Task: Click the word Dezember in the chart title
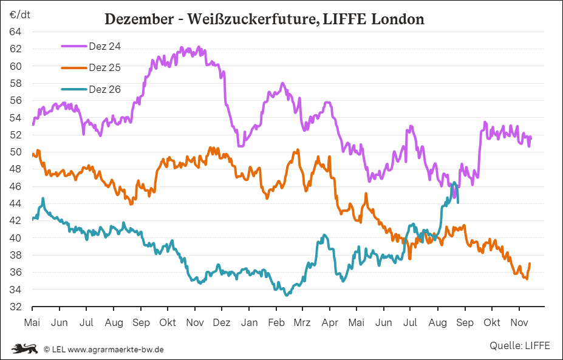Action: pos(139,19)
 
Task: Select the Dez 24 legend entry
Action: pos(91,46)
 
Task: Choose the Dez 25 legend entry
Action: pos(91,67)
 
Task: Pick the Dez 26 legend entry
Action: pos(91,89)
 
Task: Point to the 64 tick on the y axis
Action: pos(15,32)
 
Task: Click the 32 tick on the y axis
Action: pos(15,307)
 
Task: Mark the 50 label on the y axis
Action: pos(15,152)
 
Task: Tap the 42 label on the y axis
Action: pos(15,221)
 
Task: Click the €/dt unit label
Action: pos(20,15)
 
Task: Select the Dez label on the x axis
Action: pos(222,322)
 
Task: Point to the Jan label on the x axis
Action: pos(249,322)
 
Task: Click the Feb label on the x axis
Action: pos(276,322)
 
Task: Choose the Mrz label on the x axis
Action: pos(302,322)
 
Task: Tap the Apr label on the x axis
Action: pos(330,322)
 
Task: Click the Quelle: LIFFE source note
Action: pos(519,345)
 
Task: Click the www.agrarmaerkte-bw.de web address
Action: pos(115,349)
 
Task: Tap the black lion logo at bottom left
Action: pos(24,348)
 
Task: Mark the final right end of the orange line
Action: pos(530,263)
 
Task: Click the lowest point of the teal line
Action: pos(287,295)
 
